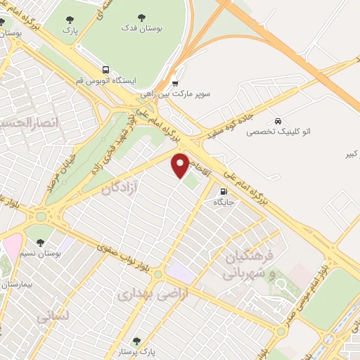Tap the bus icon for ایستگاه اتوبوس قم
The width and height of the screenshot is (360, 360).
[x=105, y=70]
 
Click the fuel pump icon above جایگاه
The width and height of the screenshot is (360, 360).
[x=224, y=191]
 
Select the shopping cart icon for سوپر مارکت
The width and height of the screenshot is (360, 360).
[x=175, y=82]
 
